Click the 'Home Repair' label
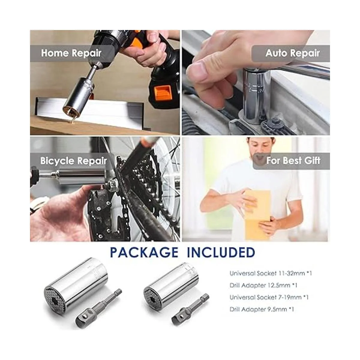(71, 53)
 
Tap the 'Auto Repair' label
(292, 53)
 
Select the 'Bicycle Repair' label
(73, 161)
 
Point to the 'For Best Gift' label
(293, 161)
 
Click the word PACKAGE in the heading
(144, 252)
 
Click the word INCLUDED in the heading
(221, 252)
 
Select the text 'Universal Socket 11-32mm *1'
(271, 274)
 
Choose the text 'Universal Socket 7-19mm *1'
(269, 297)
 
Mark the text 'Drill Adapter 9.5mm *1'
(262, 309)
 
